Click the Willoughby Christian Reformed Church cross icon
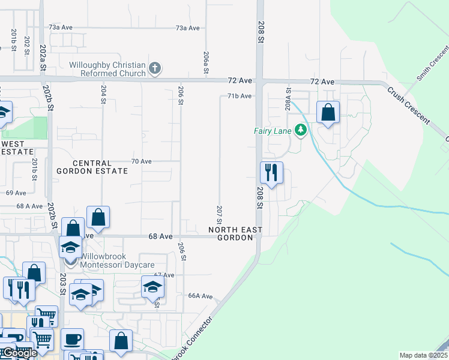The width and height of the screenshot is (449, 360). pyautogui.click(x=155, y=68)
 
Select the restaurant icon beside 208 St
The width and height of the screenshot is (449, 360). pyautogui.click(x=271, y=173)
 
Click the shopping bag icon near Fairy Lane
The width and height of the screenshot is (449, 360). pyautogui.click(x=328, y=112)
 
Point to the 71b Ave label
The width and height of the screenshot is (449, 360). pyautogui.click(x=239, y=96)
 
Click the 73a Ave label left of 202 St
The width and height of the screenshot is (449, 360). pyautogui.click(x=61, y=28)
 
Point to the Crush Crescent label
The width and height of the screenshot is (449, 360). pyautogui.click(x=408, y=106)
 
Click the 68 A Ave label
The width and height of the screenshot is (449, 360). pyautogui.click(x=29, y=206)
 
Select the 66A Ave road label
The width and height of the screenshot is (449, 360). pyautogui.click(x=200, y=296)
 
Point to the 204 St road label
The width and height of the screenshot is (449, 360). pyautogui.click(x=103, y=94)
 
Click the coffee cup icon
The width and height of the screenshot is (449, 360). pyautogui.click(x=72, y=340)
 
